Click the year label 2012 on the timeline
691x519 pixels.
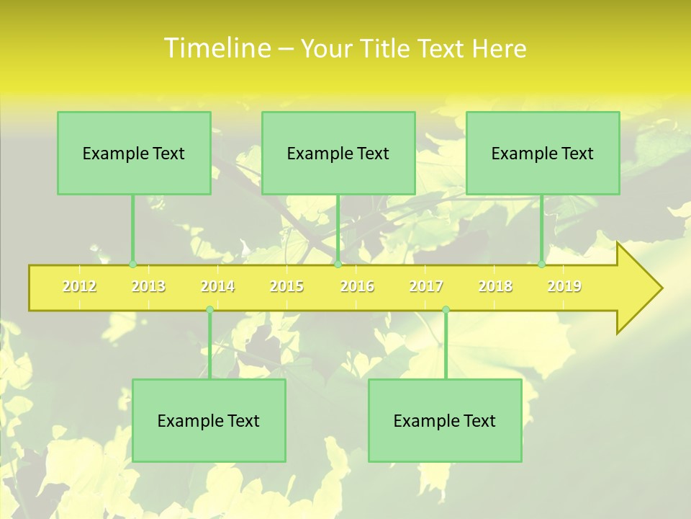[x=79, y=286]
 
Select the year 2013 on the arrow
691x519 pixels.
[x=148, y=286]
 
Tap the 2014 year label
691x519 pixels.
[x=217, y=286]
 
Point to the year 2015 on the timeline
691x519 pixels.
[x=286, y=286]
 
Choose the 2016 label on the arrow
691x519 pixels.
[x=357, y=286]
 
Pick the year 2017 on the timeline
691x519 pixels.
[x=426, y=286]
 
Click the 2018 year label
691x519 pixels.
[x=495, y=286]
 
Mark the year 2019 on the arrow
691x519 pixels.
[x=564, y=286]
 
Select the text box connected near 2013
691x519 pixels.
[x=134, y=153]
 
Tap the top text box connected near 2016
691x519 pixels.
[x=338, y=153]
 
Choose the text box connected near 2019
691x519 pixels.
[x=543, y=153]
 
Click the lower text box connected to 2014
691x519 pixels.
[x=209, y=420]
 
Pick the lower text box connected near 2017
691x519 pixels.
[x=445, y=420]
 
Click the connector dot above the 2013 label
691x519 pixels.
[x=132, y=265]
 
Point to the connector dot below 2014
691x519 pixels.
[x=209, y=309]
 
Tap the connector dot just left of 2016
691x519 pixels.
[x=338, y=265]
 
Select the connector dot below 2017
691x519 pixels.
[x=446, y=309]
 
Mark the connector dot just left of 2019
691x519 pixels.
[x=542, y=265]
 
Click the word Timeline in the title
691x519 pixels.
[x=216, y=48]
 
